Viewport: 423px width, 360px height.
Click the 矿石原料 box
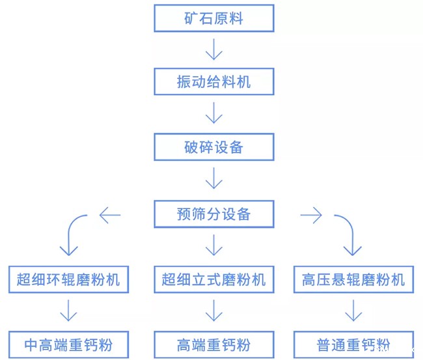213,18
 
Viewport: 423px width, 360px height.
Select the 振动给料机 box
213,82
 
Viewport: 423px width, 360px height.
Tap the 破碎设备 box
213,147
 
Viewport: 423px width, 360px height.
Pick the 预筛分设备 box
213,214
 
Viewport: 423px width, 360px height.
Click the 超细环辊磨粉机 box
68,280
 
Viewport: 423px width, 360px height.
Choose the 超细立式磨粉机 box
213,280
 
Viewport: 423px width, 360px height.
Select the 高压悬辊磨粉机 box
353,280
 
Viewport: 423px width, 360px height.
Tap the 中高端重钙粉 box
68,344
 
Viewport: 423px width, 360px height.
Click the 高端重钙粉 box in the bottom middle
213,344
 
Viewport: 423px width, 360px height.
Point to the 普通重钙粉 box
353,344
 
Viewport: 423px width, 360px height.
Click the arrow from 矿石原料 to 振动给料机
213,49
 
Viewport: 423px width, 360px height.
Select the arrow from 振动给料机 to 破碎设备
213,114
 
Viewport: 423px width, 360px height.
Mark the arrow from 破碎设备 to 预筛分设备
213,179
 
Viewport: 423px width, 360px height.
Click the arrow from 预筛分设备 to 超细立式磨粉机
213,246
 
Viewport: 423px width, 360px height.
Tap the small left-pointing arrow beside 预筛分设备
110,215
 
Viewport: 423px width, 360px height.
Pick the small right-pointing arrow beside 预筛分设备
312,215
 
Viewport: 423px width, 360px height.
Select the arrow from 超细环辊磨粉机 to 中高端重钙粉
68,312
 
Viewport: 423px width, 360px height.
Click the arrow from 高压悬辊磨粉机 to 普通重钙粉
353,312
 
